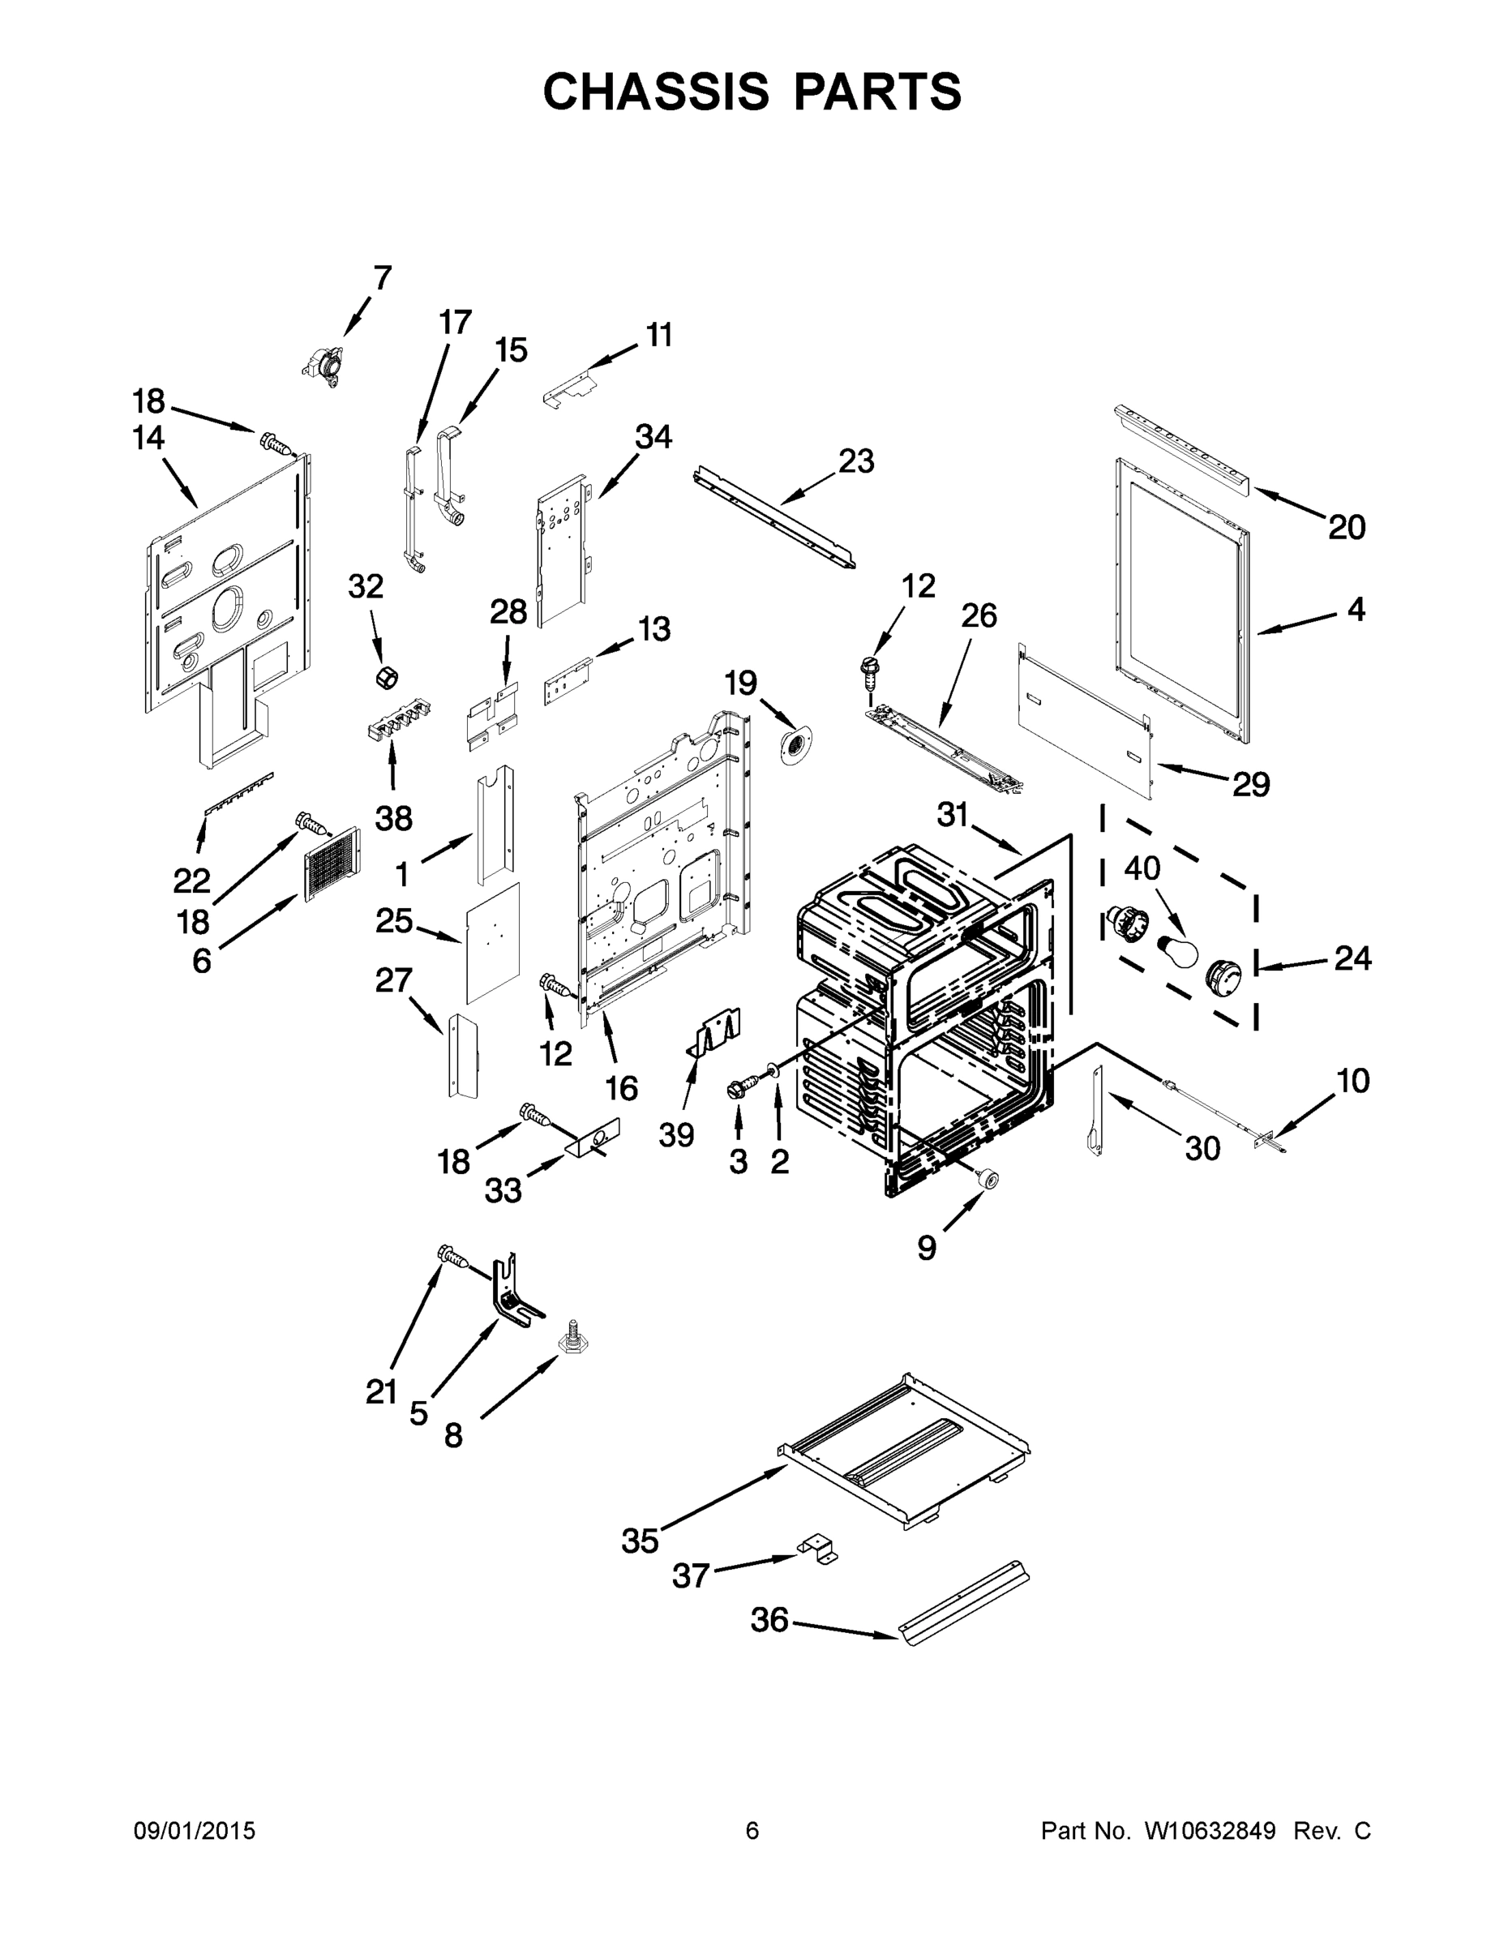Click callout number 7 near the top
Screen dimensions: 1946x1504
coord(382,278)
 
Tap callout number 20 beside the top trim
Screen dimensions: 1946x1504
coord(1346,528)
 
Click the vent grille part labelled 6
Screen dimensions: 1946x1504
coord(332,863)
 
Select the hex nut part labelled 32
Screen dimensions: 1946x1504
coord(387,676)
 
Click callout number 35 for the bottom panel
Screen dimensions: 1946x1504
coord(640,1540)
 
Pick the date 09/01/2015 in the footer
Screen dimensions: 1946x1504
coord(195,1830)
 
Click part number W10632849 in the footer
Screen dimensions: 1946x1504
coord(1209,1830)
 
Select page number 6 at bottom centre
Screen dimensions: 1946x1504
coord(752,1830)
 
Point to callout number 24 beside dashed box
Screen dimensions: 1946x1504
coord(1352,958)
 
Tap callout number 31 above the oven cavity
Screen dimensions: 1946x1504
coord(953,814)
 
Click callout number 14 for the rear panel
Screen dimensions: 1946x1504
coord(149,438)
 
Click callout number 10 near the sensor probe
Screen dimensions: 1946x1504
coord(1352,1081)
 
